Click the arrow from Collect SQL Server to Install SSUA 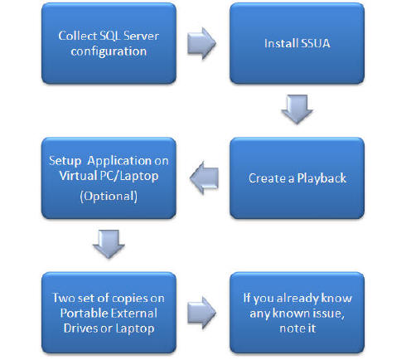pos(201,43)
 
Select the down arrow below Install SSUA pos(297,109)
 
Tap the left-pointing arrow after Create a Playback pos(204,178)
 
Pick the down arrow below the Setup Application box pos(109,244)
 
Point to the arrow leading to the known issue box pos(201,313)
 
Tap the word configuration pos(109,51)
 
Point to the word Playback pos(321,178)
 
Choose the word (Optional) pos(109,197)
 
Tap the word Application pos(119,161)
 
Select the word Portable pos(83,314)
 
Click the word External pos(133,314)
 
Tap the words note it pos(297,328)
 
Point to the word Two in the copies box pos(64,298)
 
